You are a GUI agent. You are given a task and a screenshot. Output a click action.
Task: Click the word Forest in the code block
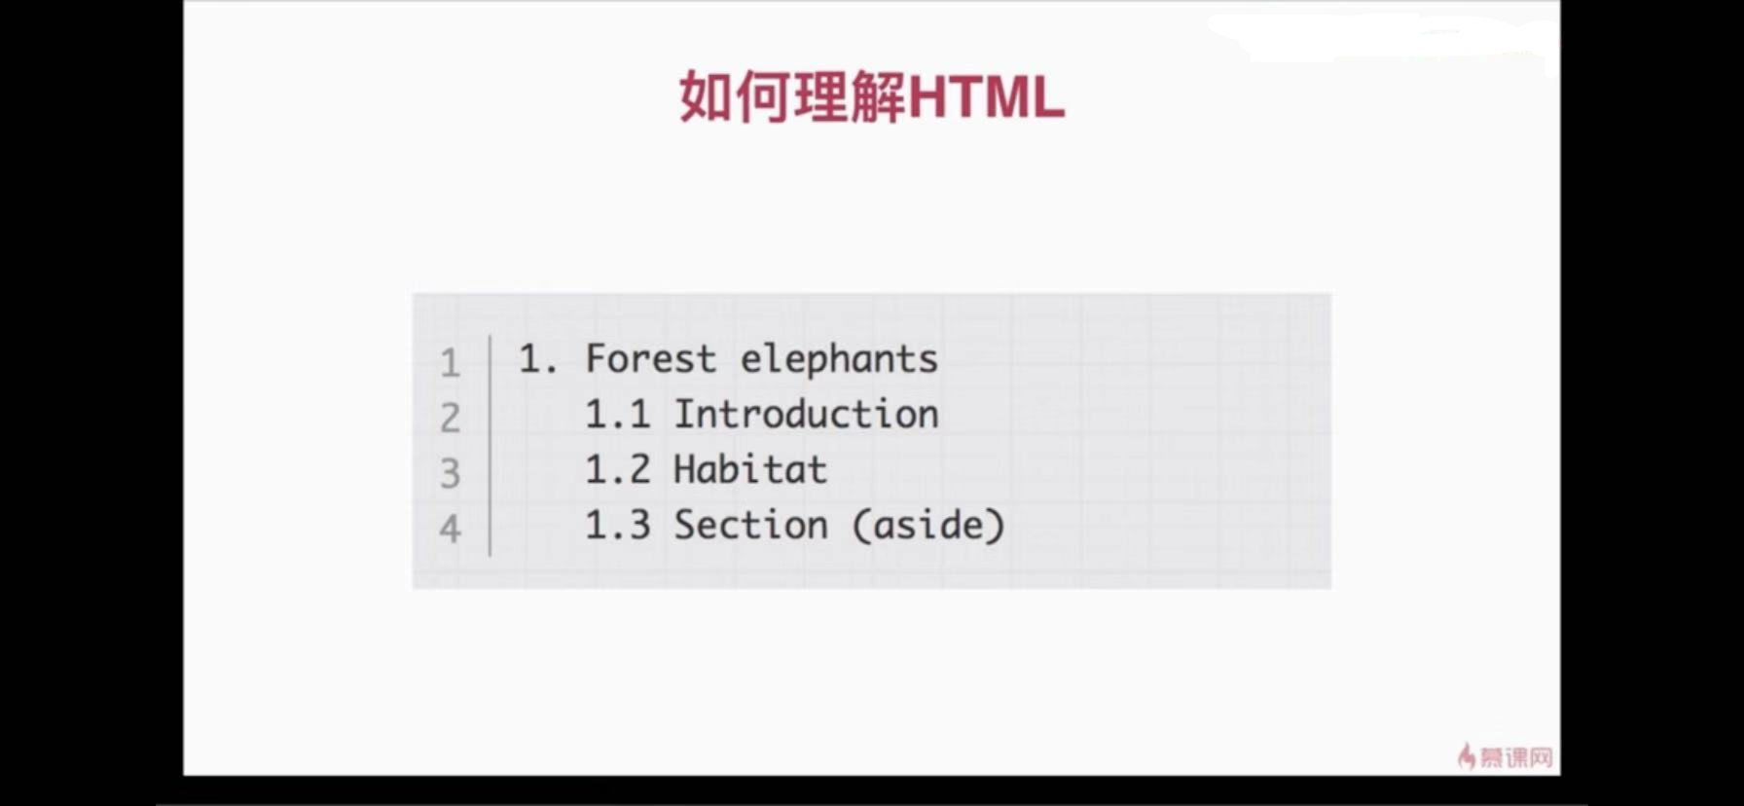[651, 359]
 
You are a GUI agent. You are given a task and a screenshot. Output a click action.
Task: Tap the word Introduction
[806, 415]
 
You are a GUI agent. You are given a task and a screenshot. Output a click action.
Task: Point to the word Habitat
[750, 470]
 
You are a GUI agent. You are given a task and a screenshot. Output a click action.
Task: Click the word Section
[750, 526]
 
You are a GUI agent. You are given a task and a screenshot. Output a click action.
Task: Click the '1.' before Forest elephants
[538, 360]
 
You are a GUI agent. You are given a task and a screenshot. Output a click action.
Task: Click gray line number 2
[450, 419]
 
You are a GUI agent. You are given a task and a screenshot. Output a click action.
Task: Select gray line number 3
[450, 474]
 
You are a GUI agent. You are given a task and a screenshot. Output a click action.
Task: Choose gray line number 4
[450, 530]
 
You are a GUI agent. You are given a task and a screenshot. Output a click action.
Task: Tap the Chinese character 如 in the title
[706, 97]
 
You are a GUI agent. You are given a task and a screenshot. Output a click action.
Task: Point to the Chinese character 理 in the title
[821, 97]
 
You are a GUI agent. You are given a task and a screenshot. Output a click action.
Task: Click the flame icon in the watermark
[1467, 755]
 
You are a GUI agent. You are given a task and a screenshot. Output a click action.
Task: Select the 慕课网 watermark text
[1516, 756]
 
